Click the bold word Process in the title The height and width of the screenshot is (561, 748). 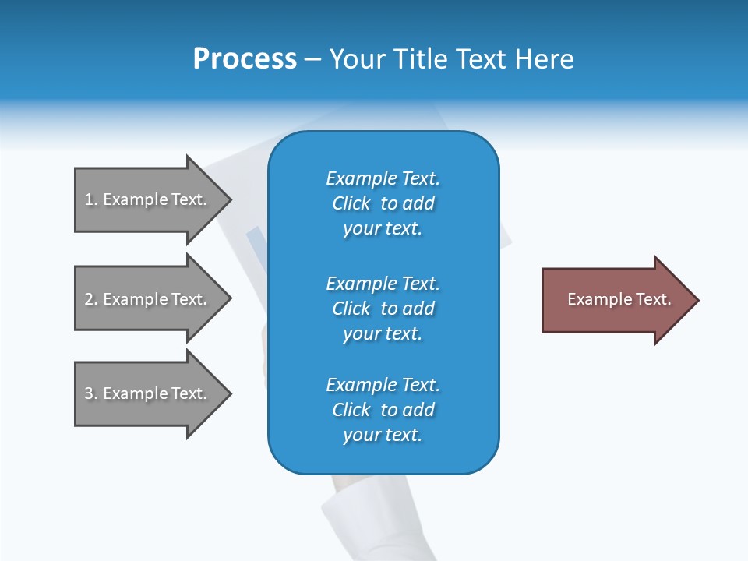coord(245,59)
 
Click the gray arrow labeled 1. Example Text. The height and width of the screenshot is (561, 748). coord(148,199)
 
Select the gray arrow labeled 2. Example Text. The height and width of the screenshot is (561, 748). coord(148,299)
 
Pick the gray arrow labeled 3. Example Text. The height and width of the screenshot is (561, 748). coord(148,393)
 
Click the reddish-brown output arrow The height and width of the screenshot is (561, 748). coord(616,300)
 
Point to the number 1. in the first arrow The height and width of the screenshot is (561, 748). coord(91,199)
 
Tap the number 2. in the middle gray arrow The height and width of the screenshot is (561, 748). coord(91,299)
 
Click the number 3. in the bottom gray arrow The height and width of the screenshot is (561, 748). coord(91,393)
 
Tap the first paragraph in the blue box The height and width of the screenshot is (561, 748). coord(383,203)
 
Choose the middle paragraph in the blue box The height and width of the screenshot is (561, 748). coord(383,309)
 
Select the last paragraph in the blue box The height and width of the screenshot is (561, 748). coord(383,410)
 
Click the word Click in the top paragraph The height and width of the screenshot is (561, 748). coord(351,203)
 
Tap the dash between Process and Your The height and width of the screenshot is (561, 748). coord(312,60)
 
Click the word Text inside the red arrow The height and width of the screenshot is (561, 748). coord(653,299)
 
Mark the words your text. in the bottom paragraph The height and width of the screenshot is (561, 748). coord(383,435)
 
